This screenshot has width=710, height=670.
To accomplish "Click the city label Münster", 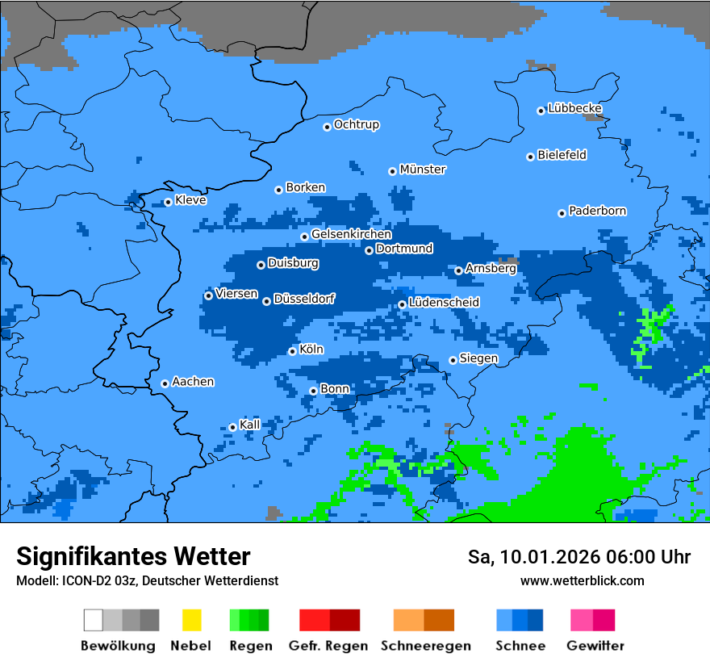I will click(423, 170).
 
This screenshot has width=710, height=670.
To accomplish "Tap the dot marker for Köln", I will click(292, 351).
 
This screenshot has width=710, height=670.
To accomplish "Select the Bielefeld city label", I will click(562, 155).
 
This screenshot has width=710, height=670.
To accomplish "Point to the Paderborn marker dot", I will click(562, 213).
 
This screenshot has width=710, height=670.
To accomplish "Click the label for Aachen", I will click(193, 382).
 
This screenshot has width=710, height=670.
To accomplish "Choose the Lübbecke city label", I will click(575, 108).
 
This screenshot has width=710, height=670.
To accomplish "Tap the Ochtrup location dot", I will click(327, 126).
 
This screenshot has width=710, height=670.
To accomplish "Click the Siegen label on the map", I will click(479, 358).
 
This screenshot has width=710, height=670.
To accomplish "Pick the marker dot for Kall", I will click(232, 427).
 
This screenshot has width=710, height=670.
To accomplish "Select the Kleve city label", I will click(190, 200).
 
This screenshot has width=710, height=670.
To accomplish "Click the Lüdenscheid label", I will click(444, 303).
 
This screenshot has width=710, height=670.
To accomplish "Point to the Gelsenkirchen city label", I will click(351, 235).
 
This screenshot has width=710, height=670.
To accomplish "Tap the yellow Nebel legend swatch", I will click(191, 620).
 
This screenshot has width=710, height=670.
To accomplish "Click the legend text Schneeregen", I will click(425, 646).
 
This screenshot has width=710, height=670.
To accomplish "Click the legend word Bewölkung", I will click(118, 646).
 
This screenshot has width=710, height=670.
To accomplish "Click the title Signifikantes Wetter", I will click(133, 556).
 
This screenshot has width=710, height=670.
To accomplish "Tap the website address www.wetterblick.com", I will click(582, 580).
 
